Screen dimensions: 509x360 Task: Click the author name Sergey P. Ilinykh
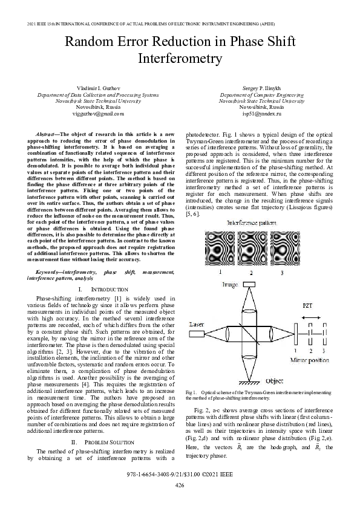(x=261, y=89)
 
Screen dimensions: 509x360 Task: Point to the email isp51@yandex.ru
(x=261, y=113)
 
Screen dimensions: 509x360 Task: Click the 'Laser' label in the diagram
(x=197, y=325)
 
